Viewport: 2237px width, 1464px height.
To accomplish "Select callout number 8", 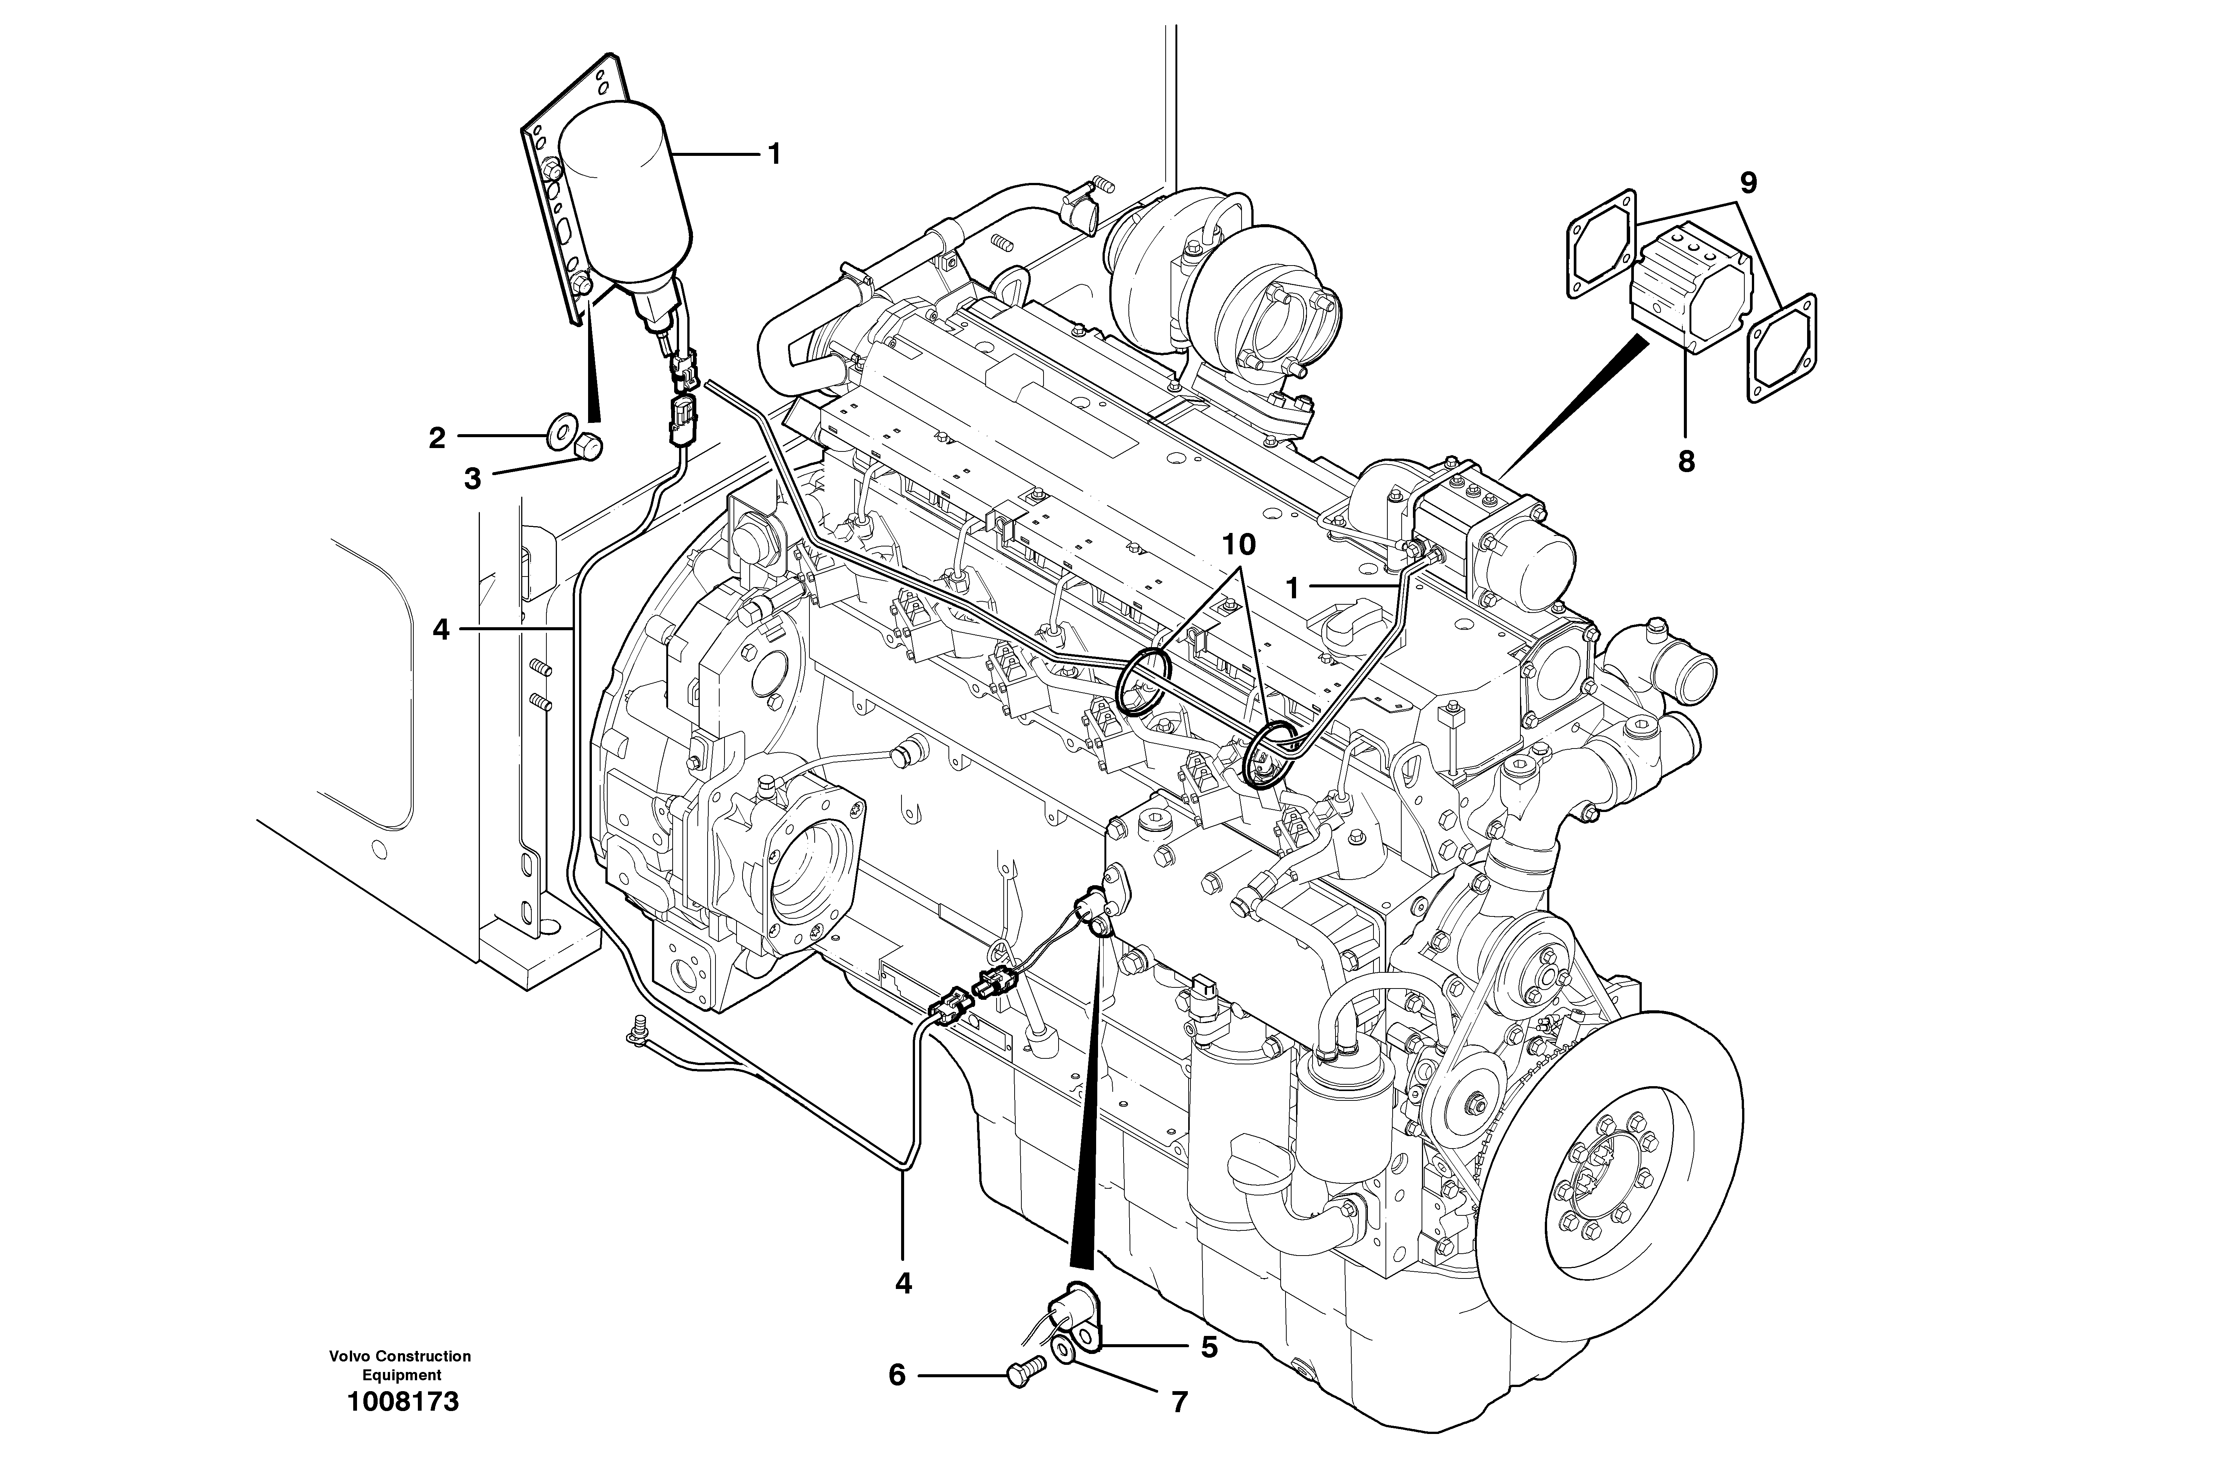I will pos(1686,461).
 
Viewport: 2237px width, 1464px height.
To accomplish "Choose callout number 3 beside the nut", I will pos(472,479).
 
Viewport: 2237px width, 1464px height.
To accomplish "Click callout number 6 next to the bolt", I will pos(897,1376).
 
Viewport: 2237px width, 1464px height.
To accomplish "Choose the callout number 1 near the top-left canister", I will pos(774,153).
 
